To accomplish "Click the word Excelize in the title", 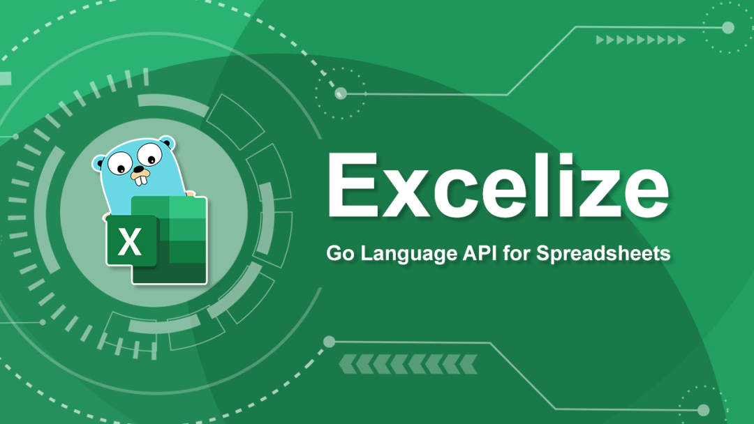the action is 498,185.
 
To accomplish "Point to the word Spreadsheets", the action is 603,254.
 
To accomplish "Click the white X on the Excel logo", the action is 129,241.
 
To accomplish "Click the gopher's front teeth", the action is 140,180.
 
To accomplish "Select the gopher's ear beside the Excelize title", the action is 167,143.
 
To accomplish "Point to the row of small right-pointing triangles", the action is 640,40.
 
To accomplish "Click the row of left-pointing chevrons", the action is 408,364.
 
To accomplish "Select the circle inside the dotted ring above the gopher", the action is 341,93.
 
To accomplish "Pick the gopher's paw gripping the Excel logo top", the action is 191,195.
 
